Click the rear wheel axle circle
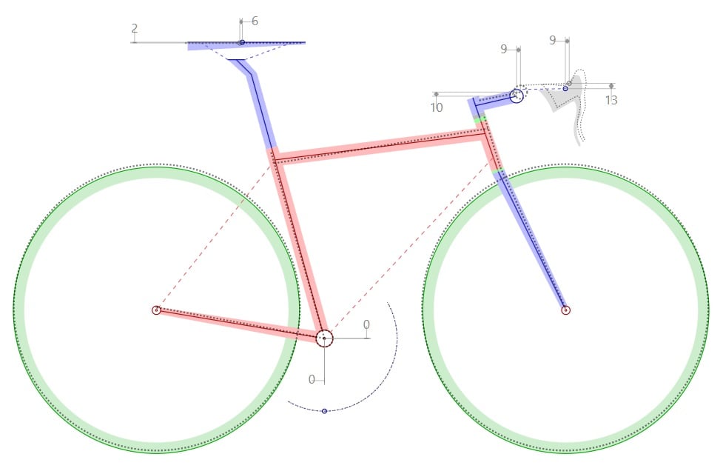pos(156,310)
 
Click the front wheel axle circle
pos(566,310)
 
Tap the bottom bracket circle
pos(324,338)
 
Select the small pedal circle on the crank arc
pos(324,411)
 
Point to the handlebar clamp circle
pos(517,96)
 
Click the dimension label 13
pos(611,100)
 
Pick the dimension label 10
pos(436,107)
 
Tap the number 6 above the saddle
pos(255,21)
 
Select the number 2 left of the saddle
pos(134,28)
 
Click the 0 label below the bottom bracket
pos(312,379)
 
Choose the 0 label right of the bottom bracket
pos(366,324)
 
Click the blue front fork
pos(531,240)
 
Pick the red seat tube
pos(298,242)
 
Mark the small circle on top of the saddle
pos(242,42)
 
